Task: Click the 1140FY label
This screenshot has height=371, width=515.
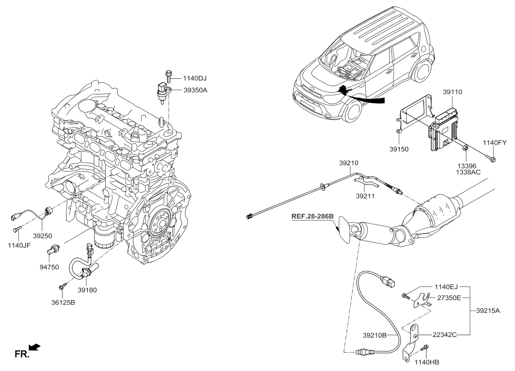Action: [x=494, y=142]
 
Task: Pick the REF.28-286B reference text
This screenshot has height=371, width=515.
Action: [x=313, y=216]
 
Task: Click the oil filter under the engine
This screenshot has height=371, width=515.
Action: [x=104, y=239]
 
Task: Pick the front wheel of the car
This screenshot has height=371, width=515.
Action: [x=353, y=111]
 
